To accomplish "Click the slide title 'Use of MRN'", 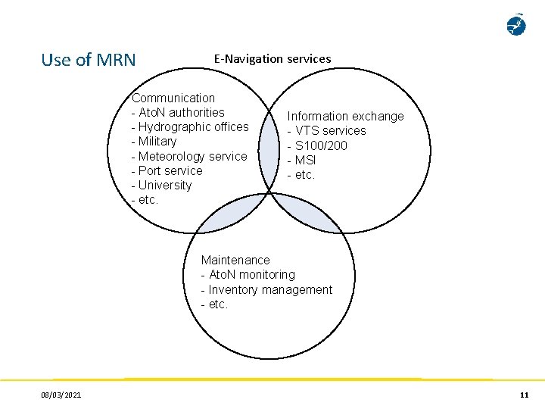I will [89, 60].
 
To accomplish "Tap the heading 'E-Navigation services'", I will [272, 58].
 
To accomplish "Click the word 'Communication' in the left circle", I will [173, 98].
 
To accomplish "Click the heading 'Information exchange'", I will [345, 116].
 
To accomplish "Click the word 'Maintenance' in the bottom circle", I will [235, 260].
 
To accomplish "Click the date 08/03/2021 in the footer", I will [62, 395].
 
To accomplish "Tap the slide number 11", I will [524, 395].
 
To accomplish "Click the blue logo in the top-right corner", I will [516, 25].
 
